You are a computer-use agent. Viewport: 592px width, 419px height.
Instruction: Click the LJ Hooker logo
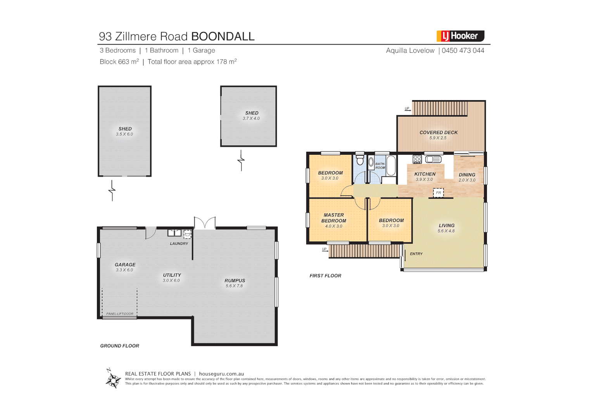[x=460, y=36]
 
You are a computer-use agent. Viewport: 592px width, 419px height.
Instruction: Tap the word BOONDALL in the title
[x=223, y=36]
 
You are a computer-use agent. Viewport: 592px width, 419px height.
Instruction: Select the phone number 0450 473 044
[x=463, y=50]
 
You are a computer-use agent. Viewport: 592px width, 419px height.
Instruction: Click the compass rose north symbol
[x=113, y=379]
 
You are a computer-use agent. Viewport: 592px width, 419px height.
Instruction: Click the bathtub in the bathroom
[x=391, y=166]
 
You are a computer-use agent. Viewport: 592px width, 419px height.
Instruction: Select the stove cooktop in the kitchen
[x=417, y=159]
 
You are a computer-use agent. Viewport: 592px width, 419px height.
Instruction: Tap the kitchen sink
[x=433, y=159]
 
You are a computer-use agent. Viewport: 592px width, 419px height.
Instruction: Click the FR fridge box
[x=438, y=192]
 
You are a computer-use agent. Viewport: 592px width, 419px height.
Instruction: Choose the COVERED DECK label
[x=438, y=132]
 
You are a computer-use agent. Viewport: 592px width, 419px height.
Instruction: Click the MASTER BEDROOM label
[x=333, y=218]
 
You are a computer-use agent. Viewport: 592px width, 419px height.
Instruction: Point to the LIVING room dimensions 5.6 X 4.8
[x=446, y=231]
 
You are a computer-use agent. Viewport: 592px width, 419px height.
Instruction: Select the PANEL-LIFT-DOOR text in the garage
[x=120, y=314]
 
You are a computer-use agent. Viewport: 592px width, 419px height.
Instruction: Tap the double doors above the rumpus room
[x=205, y=223]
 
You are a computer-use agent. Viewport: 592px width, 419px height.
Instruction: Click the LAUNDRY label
[x=179, y=244]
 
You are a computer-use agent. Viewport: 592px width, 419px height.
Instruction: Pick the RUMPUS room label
[x=235, y=280]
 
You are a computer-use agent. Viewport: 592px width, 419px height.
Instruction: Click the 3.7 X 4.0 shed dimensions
[x=251, y=118]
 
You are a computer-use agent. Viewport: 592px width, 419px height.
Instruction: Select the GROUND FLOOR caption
[x=119, y=346]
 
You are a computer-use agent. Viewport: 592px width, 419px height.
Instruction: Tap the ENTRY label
[x=416, y=254]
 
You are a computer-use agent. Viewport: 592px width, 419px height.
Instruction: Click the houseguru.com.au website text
[x=221, y=374]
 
